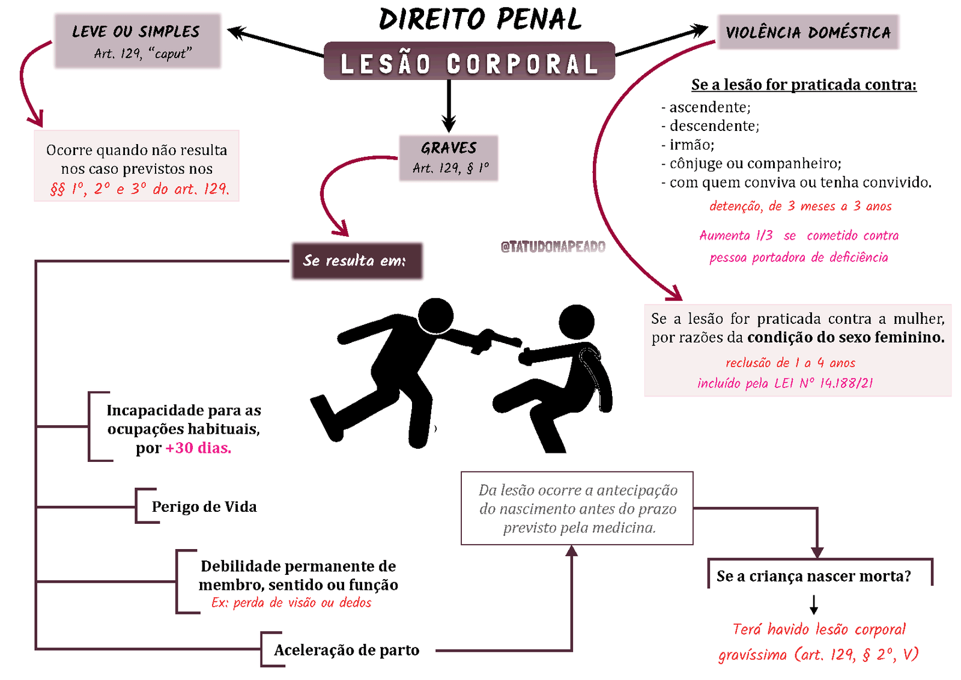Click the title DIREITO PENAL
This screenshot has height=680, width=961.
point(480,20)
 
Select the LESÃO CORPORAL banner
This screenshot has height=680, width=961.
point(469,62)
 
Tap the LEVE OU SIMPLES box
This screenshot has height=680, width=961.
point(138,41)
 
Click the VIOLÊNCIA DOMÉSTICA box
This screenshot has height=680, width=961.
point(808,32)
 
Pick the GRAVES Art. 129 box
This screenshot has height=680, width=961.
point(449,157)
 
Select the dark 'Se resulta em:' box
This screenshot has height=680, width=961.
point(357,261)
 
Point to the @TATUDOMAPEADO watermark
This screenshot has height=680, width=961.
point(553,246)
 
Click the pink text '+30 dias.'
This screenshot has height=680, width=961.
point(199,448)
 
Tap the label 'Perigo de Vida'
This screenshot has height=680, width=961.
point(204,507)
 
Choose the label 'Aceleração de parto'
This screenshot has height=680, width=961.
point(347,650)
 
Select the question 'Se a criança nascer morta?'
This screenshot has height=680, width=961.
point(814,576)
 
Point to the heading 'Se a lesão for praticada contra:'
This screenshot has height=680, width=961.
point(804,85)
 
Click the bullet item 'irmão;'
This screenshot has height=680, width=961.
point(691,145)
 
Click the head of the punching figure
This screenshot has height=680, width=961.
point(435,314)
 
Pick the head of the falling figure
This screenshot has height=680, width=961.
point(577,322)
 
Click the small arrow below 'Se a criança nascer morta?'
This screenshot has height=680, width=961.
point(814,604)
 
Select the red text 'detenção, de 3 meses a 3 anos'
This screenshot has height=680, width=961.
point(800,207)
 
